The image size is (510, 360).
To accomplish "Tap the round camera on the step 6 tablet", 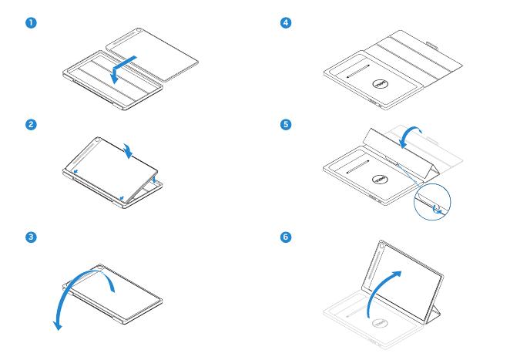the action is coord(384,248).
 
